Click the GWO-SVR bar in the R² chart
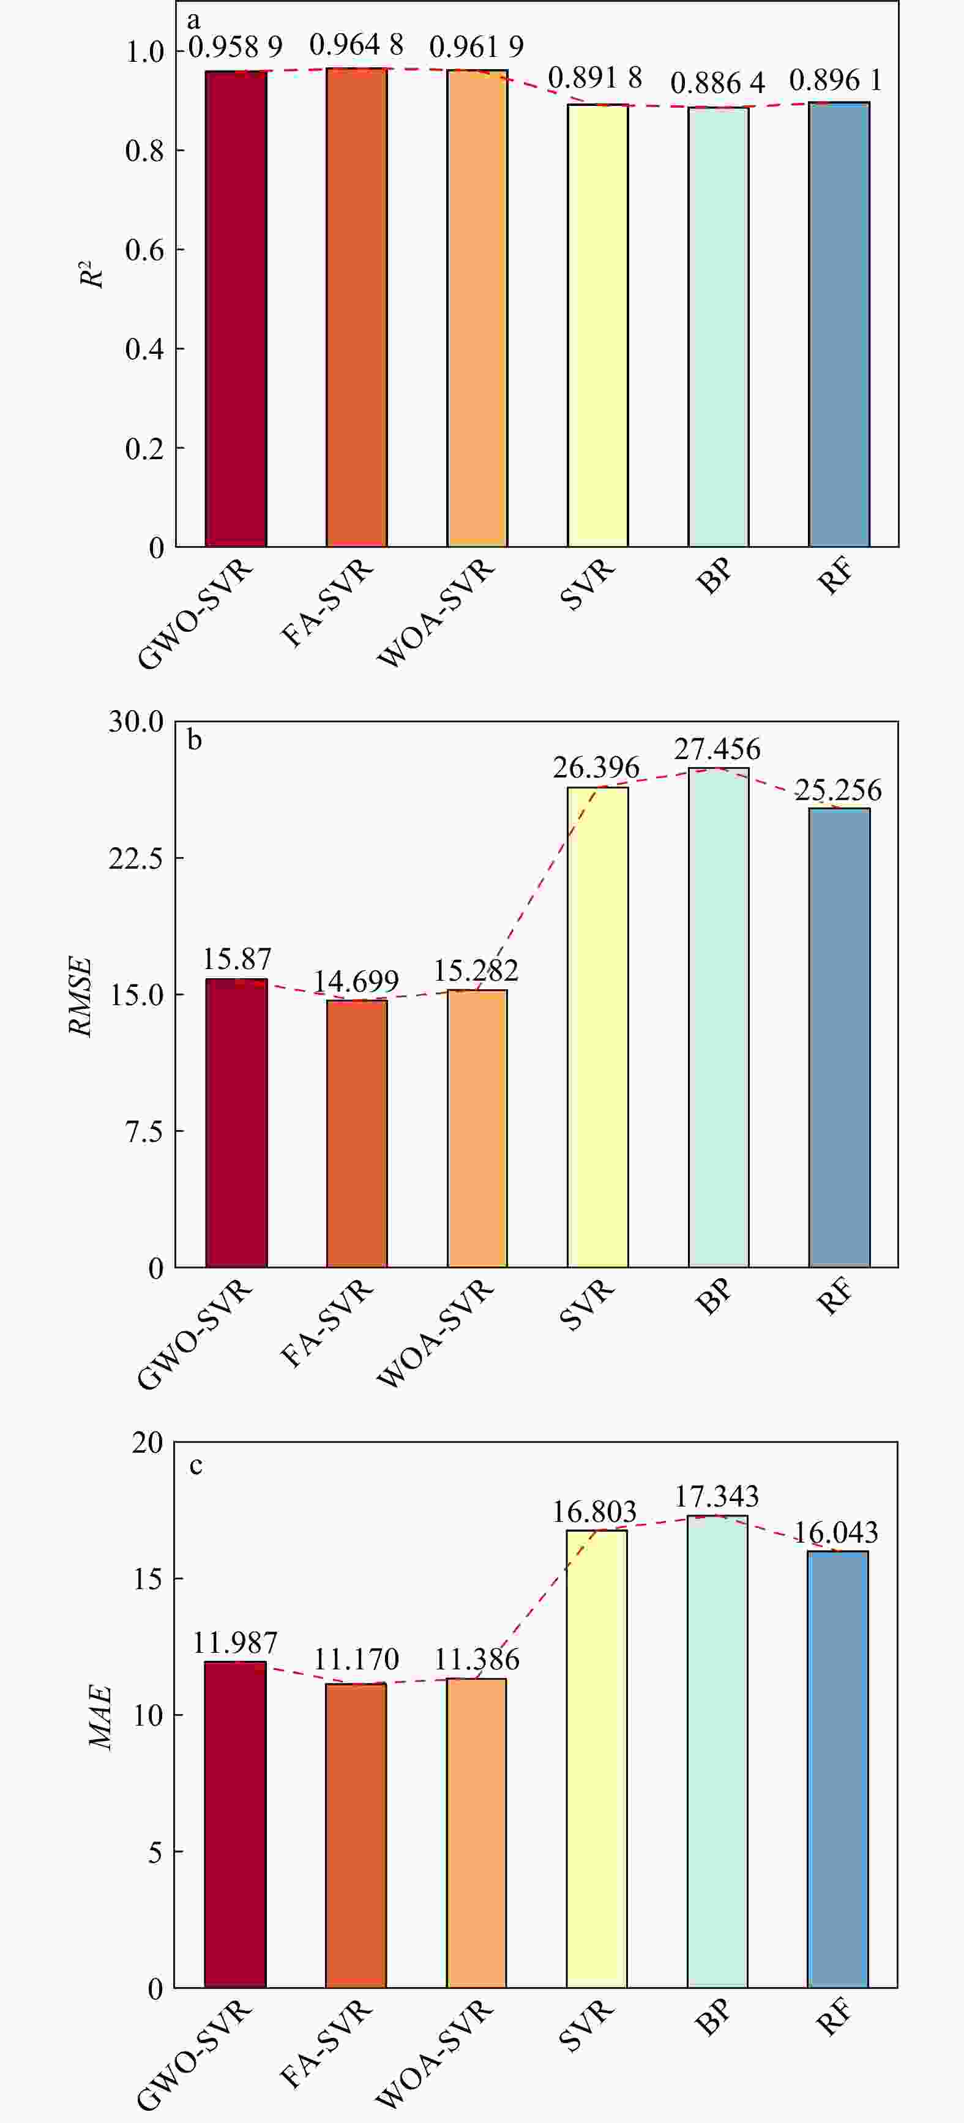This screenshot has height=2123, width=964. tap(236, 309)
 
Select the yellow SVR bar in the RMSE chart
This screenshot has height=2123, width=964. tap(597, 1027)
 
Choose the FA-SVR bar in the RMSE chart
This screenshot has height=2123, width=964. tap(357, 1133)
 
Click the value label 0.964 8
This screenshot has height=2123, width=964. tap(357, 45)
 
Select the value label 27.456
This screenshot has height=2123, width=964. tap(717, 749)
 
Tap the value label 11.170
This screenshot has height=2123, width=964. tap(356, 1658)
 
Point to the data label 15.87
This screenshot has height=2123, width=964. tap(236, 959)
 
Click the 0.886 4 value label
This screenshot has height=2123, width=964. tap(717, 83)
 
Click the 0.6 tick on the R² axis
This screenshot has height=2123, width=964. tap(145, 250)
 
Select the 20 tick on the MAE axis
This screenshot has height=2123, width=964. tap(148, 1443)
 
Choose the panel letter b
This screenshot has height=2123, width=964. tap(195, 739)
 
